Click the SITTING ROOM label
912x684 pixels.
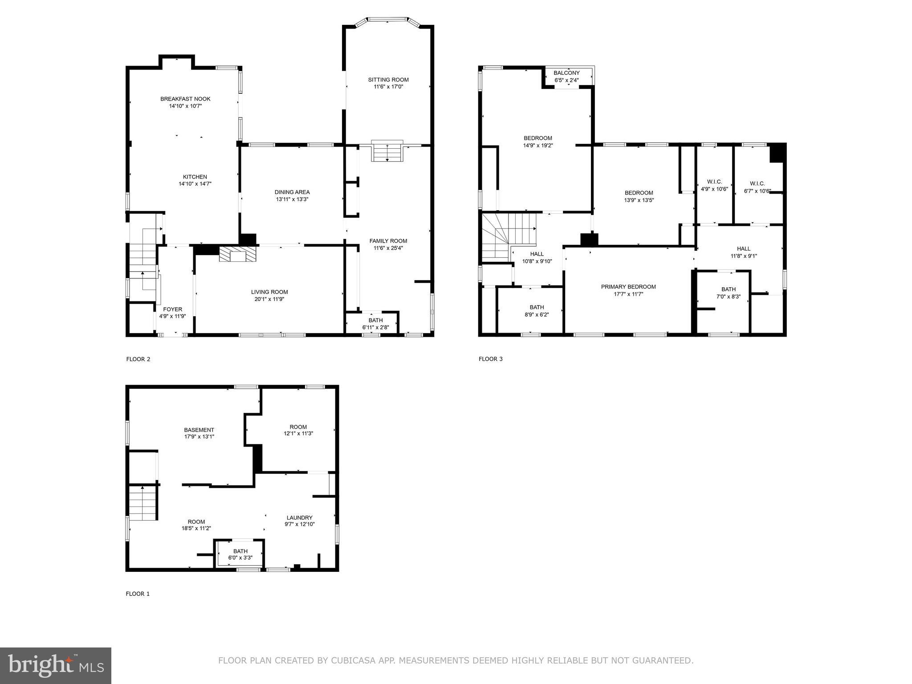tap(388, 80)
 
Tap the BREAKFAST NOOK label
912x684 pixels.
tap(185, 99)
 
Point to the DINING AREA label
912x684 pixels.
tap(292, 192)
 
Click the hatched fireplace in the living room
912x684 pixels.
tap(238, 255)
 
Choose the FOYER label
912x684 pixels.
tap(172, 309)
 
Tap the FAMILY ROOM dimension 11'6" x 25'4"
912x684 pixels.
tap(388, 248)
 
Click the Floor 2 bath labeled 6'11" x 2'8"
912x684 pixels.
tap(375, 324)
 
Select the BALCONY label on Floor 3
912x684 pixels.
tap(566, 73)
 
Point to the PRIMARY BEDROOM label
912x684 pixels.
tap(628, 287)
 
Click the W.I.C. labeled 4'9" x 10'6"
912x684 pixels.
tap(714, 185)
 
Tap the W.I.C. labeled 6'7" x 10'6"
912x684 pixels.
tap(757, 187)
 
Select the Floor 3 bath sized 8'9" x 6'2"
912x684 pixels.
tap(537, 310)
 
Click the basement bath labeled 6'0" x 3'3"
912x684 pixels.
tap(240, 554)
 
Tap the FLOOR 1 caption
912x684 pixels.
tap(138, 594)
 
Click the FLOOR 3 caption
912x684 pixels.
tap(490, 359)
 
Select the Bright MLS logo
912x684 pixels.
tap(55, 665)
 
